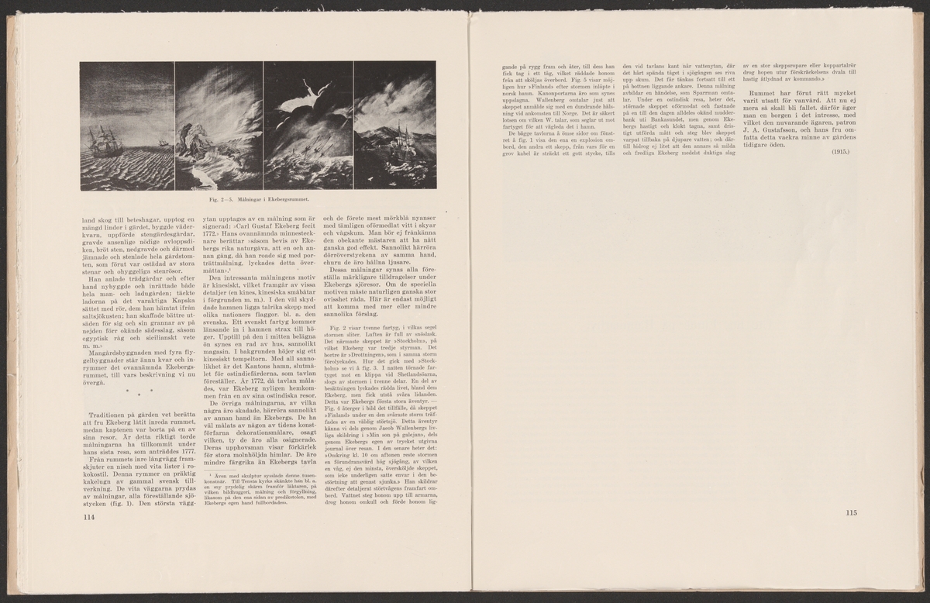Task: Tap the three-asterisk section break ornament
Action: click(x=140, y=391)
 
